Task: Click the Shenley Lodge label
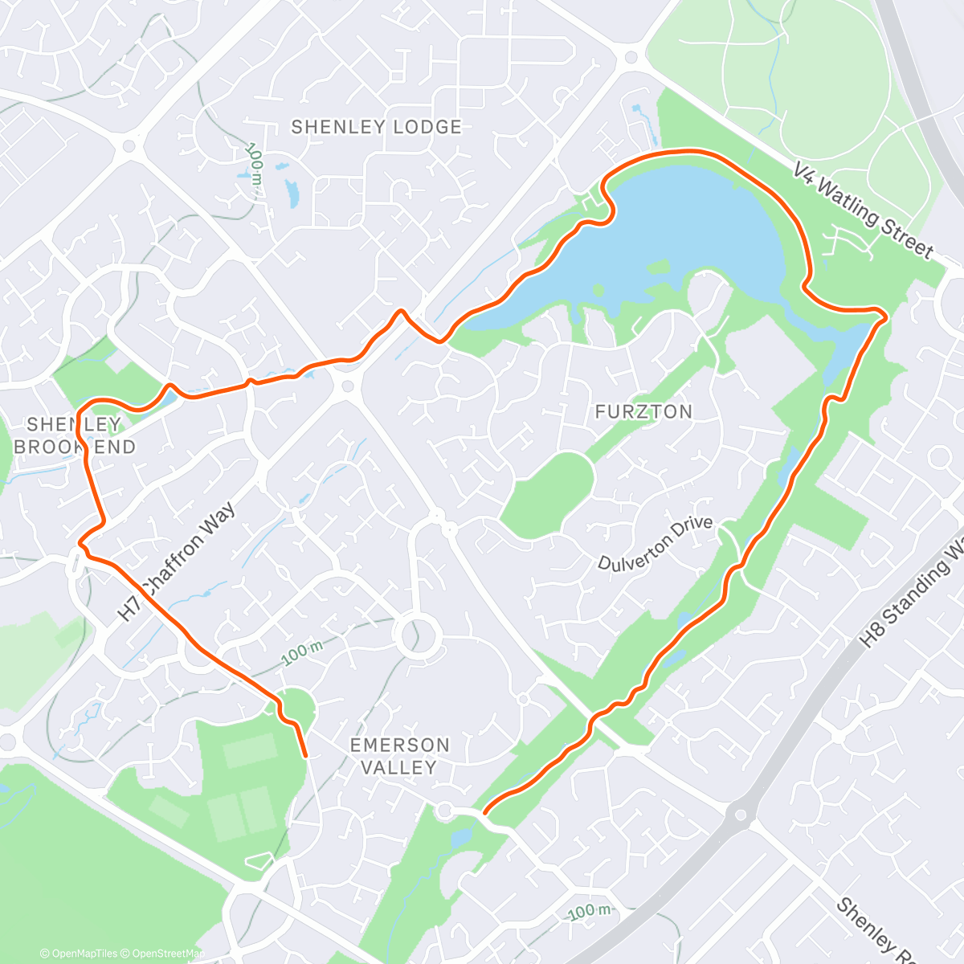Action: [x=376, y=127]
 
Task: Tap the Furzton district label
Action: [x=643, y=412]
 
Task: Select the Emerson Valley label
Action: [x=399, y=756]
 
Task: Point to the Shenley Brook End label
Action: [x=75, y=435]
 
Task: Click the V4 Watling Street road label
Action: [x=863, y=211]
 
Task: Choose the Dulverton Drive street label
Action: [x=655, y=544]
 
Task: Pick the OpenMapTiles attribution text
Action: [x=84, y=954]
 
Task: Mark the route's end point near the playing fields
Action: [x=305, y=755]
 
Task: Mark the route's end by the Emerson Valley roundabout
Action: [x=485, y=813]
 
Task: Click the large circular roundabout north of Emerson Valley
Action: [x=417, y=637]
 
